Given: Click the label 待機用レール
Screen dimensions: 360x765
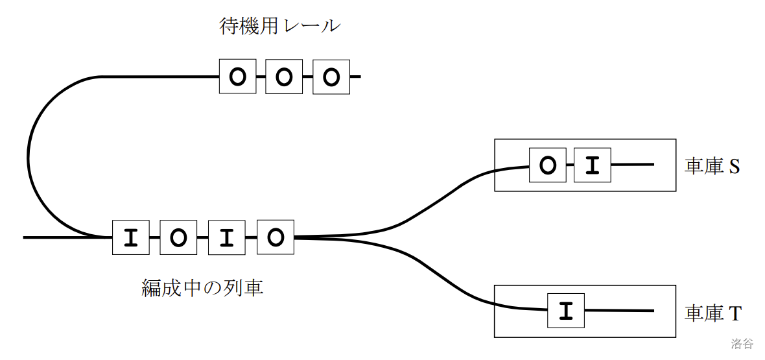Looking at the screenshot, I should [279, 27].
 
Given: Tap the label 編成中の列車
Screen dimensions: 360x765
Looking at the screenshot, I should [202, 287].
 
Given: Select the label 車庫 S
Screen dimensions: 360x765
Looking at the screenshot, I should [712, 167].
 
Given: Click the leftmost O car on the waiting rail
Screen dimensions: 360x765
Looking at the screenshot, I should [238, 77].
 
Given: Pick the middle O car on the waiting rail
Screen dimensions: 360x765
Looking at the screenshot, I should [284, 77].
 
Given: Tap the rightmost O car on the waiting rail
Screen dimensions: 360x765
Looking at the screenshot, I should [331, 77].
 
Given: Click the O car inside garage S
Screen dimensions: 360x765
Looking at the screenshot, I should [548, 165].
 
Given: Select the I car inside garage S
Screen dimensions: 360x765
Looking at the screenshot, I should [592, 165].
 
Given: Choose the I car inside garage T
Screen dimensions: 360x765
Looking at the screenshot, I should [566, 311].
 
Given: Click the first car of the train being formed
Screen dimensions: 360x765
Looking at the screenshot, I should [131, 237].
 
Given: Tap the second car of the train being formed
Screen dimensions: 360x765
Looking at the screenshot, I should [178, 237].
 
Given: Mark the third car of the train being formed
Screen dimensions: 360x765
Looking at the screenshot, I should [226, 237].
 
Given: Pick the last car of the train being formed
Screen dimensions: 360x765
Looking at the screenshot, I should [276, 237].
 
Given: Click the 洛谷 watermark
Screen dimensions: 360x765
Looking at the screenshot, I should [742, 343].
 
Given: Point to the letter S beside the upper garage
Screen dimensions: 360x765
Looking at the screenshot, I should [734, 167].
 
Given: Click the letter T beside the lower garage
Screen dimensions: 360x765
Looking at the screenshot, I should [735, 314].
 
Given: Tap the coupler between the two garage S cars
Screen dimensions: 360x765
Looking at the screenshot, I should [570, 165].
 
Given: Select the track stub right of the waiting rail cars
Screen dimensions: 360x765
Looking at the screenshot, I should [355, 77].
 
